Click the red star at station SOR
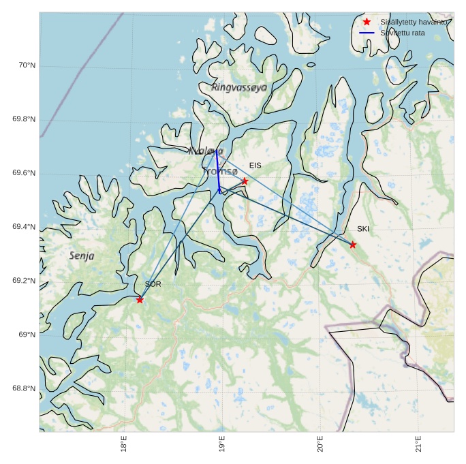pyautogui.click(x=140, y=300)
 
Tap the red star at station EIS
pyautogui.click(x=245, y=181)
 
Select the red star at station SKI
pyautogui.click(x=353, y=245)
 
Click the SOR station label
pyautogui.click(x=153, y=284)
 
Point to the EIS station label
pyautogui.click(x=255, y=166)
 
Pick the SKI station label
pyautogui.click(x=363, y=229)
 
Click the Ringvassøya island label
pyautogui.click(x=239, y=87)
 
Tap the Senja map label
pyautogui.click(x=82, y=256)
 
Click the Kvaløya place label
pyautogui.click(x=205, y=151)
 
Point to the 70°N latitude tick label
pyautogui.click(x=27, y=65)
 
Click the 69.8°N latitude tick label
pyautogui.click(x=24, y=119)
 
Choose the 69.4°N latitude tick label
pyautogui.click(x=24, y=227)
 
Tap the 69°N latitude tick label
pyautogui.click(x=27, y=335)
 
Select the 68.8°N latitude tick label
pyautogui.click(x=24, y=388)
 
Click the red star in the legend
pyautogui.click(x=367, y=22)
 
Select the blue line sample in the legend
pyautogui.click(x=367, y=33)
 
